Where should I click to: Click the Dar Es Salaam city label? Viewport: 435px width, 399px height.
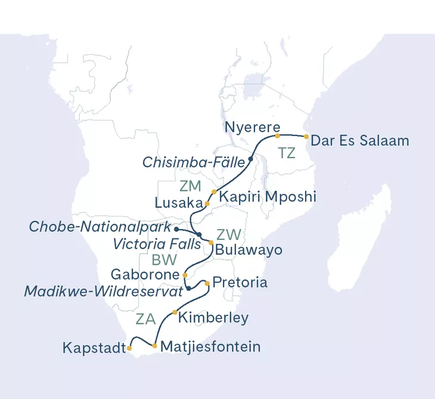tap(361, 141)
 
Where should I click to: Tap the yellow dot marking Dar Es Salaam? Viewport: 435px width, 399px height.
tap(306, 137)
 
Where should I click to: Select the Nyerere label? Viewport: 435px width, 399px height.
tap(252, 127)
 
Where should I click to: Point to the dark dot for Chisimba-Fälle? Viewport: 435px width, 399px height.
tap(250, 159)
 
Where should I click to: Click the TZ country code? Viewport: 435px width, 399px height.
tap(287, 153)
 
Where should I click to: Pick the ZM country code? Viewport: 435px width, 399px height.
tap(190, 186)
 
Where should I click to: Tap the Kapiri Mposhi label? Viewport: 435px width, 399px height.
tap(266, 196)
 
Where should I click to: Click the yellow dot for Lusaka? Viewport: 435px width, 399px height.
tap(207, 203)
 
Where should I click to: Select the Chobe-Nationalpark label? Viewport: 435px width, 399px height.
tap(99, 227)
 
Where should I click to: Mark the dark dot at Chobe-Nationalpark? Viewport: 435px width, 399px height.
tap(176, 228)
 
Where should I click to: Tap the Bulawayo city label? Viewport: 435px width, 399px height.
tap(248, 249)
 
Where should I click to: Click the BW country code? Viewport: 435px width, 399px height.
tap(164, 260)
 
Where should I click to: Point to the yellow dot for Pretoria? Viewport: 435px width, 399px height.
tap(207, 283)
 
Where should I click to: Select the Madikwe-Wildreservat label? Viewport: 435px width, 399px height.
tap(102, 292)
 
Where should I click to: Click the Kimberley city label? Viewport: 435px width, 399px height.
tap(213, 317)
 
